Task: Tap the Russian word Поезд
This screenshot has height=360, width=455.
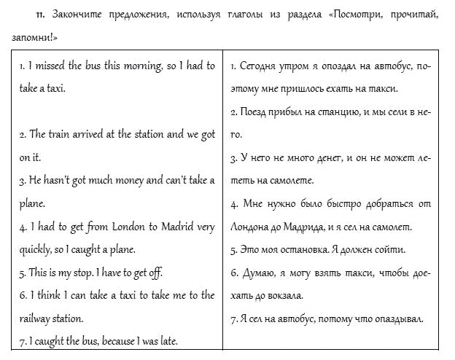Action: [x=257, y=112]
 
